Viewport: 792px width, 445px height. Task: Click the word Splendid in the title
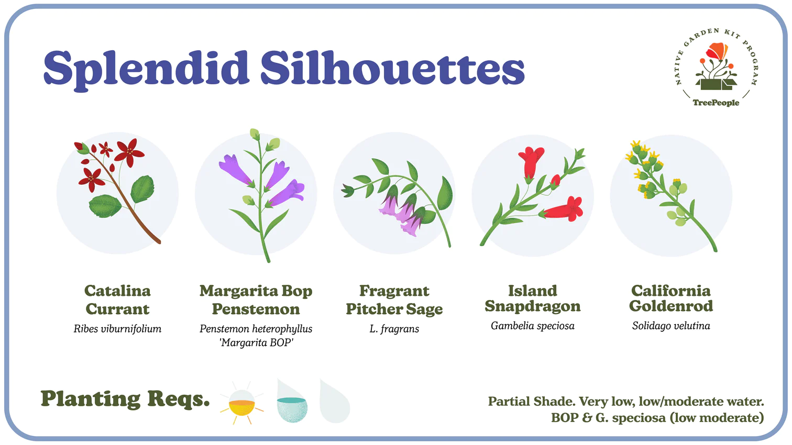coord(146,69)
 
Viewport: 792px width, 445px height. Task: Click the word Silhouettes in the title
coord(392,67)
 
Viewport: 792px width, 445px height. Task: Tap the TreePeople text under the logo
coord(716,103)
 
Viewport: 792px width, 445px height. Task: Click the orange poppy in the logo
coord(717,51)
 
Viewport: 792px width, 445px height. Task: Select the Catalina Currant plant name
coord(117,300)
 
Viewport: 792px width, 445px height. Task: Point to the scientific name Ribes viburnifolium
coord(117,329)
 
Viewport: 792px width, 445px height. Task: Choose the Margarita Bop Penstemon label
coord(256,300)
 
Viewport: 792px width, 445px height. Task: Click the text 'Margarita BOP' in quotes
coord(256,342)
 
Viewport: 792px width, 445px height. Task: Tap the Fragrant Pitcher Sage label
coord(394,300)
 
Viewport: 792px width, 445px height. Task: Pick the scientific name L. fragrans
coord(394,329)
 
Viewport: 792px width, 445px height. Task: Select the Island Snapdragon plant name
coord(533,298)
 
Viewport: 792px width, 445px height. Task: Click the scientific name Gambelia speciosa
coord(533,326)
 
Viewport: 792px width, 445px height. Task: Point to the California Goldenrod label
coord(671,298)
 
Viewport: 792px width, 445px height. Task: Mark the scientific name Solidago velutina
coord(671,326)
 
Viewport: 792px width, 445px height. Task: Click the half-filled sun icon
coord(242,404)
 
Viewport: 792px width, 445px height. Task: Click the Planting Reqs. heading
coord(125,399)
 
